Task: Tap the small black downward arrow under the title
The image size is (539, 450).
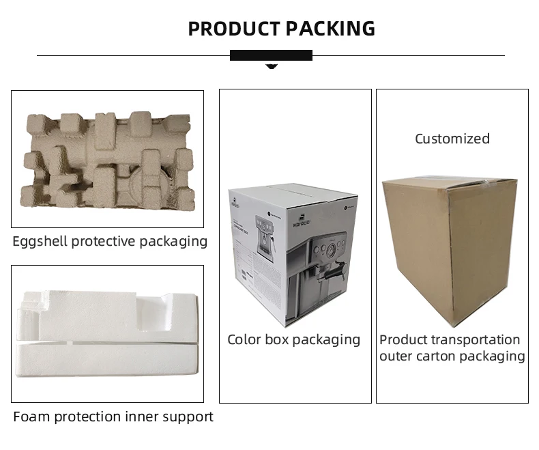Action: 271,66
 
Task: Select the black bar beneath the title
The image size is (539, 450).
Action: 271,55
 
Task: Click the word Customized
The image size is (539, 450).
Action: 452,139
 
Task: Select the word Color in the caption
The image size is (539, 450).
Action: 244,339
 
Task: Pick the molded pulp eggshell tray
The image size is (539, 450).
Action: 107,158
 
